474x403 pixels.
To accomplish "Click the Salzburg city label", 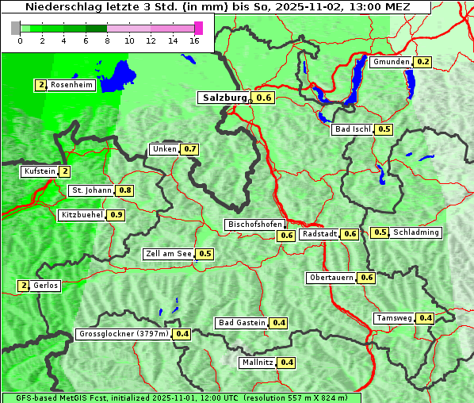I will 224,98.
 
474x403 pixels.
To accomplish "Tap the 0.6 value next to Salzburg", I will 265,98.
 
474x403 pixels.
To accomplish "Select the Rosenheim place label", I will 71,85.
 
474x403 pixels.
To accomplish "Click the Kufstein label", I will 40,171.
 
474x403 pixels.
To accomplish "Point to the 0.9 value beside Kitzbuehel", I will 117,215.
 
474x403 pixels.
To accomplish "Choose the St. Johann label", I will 90,190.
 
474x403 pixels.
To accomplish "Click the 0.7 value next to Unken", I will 189,149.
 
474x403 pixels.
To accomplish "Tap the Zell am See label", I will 169,254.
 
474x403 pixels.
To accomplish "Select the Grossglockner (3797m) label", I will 124,334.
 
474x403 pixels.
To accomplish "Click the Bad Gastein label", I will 242,323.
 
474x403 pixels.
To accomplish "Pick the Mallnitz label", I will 258,363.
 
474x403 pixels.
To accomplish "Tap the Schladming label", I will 416,232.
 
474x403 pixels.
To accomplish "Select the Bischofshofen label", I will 254,225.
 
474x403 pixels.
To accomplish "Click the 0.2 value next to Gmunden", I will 423,62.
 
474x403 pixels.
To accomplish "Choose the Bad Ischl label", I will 353,129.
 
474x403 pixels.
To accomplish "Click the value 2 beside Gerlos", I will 24,286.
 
